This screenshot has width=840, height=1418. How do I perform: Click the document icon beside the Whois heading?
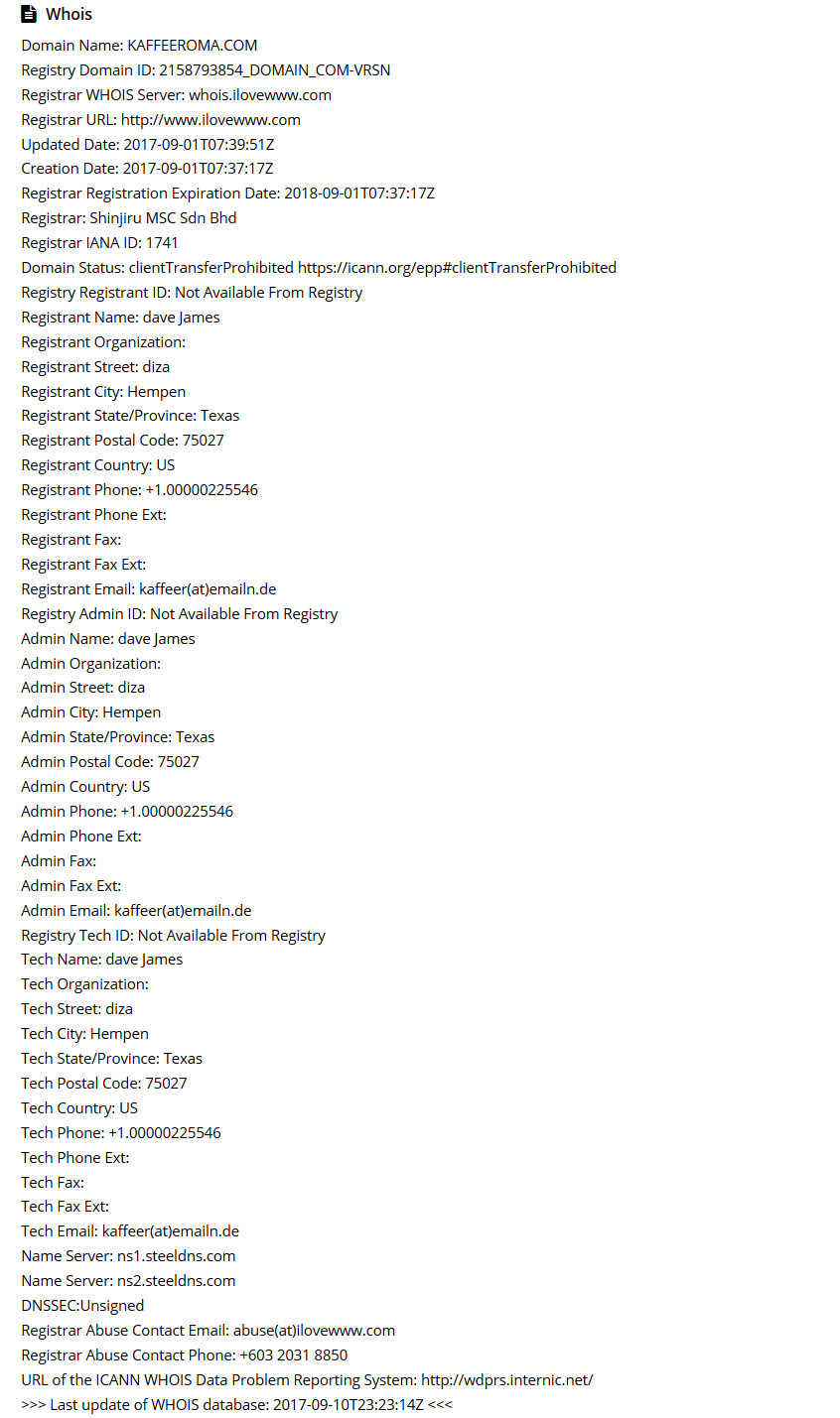click(x=29, y=15)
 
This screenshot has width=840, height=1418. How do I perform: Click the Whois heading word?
click(x=69, y=15)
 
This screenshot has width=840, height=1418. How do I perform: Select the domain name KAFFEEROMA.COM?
click(x=192, y=46)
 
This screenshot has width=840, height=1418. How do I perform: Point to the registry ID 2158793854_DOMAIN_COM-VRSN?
click(x=274, y=70)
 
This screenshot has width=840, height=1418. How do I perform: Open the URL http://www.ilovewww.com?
click(x=210, y=120)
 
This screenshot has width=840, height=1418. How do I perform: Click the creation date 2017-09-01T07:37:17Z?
click(x=198, y=169)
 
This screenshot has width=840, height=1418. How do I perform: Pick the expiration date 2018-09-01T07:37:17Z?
click(x=359, y=193)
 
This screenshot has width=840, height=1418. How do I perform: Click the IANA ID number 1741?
click(x=162, y=243)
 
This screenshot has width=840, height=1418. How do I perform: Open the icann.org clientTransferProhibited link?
click(x=457, y=268)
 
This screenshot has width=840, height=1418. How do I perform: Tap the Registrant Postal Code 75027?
click(x=203, y=441)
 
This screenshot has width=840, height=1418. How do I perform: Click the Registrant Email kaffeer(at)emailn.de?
click(x=208, y=589)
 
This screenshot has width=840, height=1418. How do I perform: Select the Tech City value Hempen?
click(x=119, y=1034)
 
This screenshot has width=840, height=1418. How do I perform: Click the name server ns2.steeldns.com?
click(x=176, y=1281)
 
